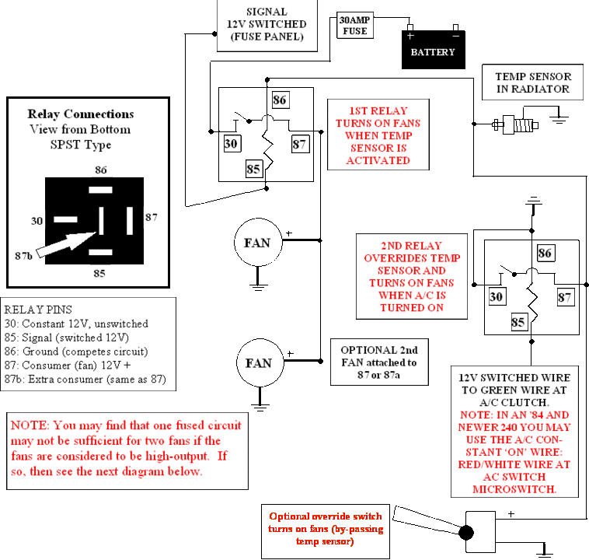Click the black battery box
point(434,50)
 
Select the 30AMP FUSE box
point(355,25)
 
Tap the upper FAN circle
point(258,243)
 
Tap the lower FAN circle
point(260,362)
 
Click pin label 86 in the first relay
point(281,100)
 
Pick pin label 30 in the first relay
point(232,143)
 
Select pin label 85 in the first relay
point(254,169)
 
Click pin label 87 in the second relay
point(566,297)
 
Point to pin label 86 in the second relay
point(545,253)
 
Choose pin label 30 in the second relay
point(497,296)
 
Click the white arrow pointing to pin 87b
point(66,244)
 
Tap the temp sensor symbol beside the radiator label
point(515,124)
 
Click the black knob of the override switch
point(466,533)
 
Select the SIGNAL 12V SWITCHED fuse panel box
point(267,25)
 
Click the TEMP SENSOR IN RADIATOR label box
point(532,82)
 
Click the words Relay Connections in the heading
point(81,114)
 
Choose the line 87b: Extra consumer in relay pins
point(85,379)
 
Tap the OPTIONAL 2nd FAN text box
point(379,362)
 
